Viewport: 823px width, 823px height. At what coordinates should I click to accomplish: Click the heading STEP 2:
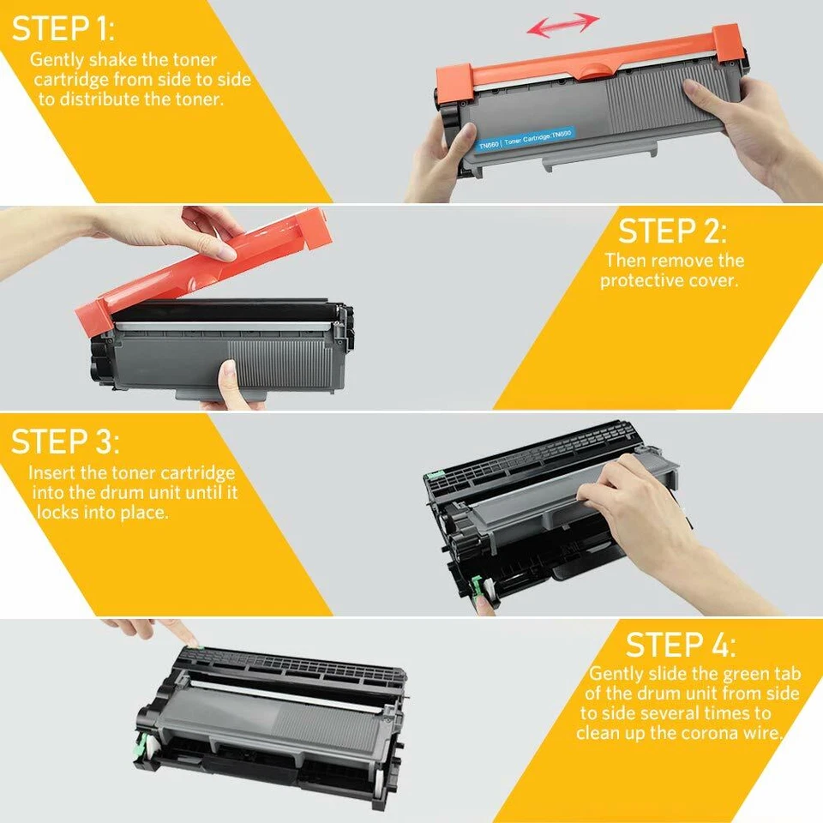coord(672,231)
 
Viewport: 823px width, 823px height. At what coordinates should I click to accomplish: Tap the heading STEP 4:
coord(681,645)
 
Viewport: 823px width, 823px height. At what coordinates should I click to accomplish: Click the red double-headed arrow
coord(562,24)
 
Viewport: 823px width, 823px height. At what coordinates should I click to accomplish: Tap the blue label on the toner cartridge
coord(525,137)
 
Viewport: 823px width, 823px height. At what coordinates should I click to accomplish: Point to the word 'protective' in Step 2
coord(639,280)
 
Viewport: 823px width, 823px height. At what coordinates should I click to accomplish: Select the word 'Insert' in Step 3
coord(51,473)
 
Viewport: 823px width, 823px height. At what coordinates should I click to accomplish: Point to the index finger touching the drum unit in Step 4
coord(182,635)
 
